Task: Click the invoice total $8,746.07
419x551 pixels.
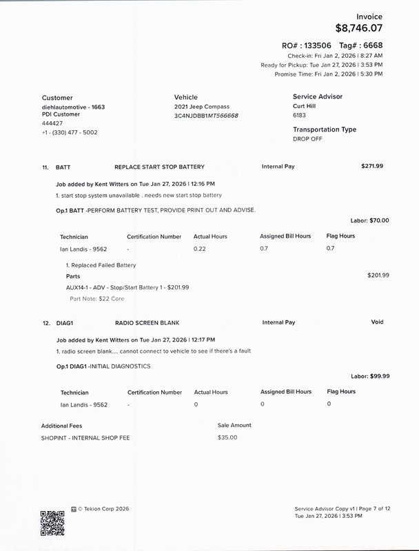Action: point(358,29)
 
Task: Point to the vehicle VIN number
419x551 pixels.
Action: point(207,116)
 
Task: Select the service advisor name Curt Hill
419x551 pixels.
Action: point(307,107)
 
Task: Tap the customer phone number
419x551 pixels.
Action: point(70,132)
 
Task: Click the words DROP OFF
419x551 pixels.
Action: point(307,138)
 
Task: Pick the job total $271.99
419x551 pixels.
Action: point(372,166)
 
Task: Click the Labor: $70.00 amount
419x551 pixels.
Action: point(370,220)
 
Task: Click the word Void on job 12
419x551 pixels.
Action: point(377,322)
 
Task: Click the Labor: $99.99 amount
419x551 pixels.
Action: point(370,376)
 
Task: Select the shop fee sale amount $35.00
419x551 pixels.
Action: point(227,437)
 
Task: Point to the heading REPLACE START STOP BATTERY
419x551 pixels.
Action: point(159,167)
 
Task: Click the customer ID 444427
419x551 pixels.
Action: point(52,123)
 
